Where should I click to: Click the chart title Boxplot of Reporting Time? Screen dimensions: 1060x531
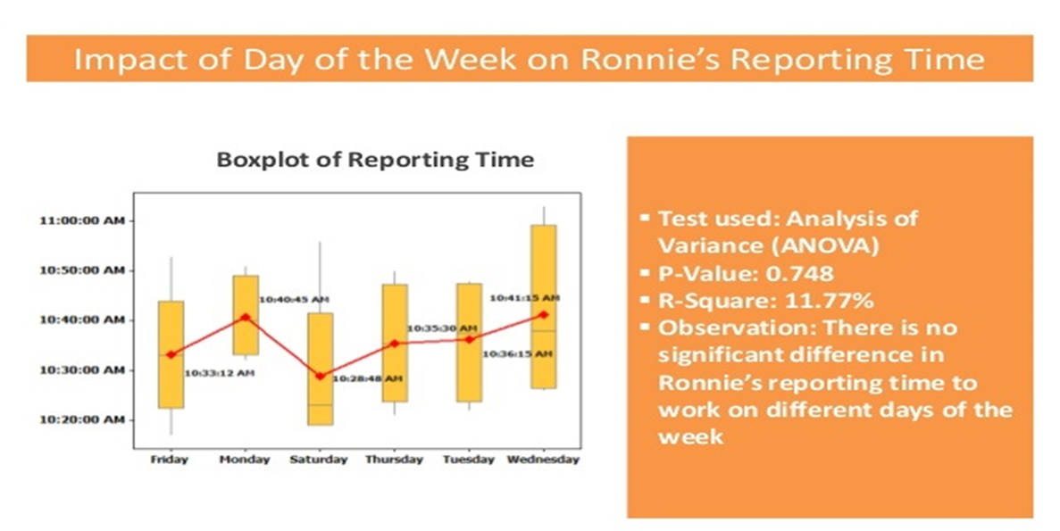coord(375,160)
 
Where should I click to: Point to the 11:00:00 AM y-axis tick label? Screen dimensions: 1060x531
coord(82,220)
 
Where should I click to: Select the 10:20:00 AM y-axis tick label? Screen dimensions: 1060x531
coord(82,419)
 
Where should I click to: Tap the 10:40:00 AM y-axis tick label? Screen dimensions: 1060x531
coord(82,319)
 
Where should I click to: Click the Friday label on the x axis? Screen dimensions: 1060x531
coord(170,460)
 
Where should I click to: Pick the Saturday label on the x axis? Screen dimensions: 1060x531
coord(319,460)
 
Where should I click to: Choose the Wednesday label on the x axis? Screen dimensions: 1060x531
coord(543,460)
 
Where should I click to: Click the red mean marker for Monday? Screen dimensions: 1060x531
coord(246,317)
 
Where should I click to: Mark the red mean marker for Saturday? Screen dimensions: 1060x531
coord(320,377)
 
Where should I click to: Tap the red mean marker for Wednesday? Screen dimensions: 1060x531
coord(544,315)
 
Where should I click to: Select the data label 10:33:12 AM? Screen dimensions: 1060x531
coord(220,373)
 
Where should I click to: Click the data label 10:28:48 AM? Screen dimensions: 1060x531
coord(367,379)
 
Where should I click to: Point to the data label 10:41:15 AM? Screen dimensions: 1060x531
coord(524,297)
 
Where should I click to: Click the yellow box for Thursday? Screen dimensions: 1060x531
coord(395,344)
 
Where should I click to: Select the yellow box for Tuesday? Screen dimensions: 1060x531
coord(469,343)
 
